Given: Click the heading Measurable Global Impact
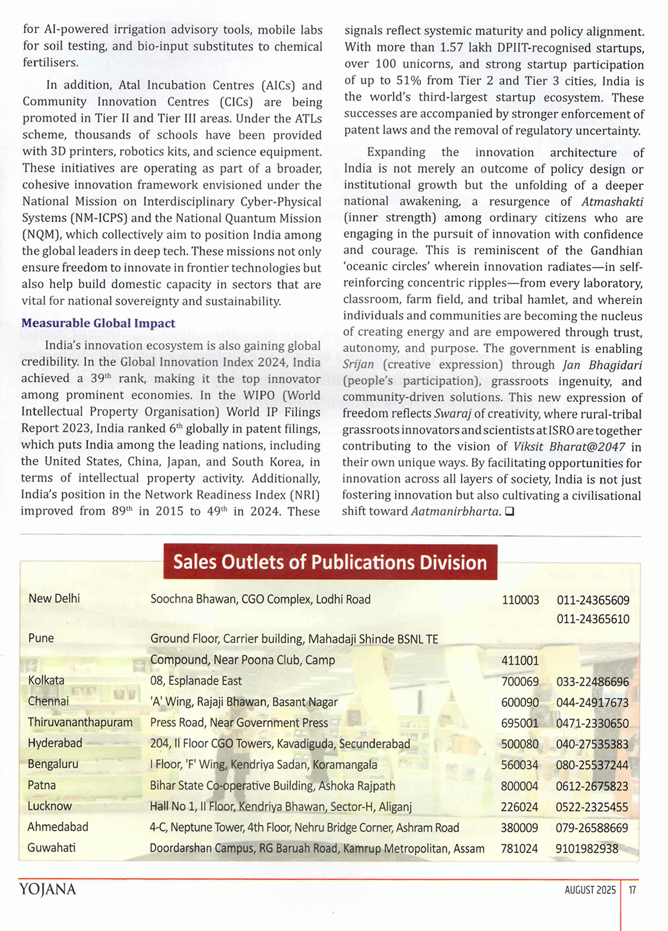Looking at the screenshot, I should coord(98,323).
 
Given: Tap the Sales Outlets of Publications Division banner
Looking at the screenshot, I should coord(330,562).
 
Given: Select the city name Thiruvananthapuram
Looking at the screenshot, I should coord(80,722).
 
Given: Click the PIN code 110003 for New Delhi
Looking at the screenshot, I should coord(520,600).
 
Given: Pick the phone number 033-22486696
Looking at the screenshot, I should coord(592,681).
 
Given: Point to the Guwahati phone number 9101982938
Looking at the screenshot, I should coord(587,848).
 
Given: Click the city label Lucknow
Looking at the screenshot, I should coord(50,805).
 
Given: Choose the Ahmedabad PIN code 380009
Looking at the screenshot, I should coord(519,828).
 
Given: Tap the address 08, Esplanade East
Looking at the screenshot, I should coord(196,681).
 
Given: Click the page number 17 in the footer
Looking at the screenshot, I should coord(632,890).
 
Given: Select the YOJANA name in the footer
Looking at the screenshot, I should coord(48,890).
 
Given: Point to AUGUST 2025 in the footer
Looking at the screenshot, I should coord(590,890).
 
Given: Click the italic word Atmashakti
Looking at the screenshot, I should coord(612,201).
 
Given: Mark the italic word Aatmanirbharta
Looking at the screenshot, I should coord(455,512).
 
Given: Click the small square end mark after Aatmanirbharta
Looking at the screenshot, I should coord(509,512).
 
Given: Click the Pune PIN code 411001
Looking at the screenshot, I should coord(520,661).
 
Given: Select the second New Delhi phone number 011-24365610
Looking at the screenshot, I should coord(593,619).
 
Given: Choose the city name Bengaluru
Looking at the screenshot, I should coord(53,764).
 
